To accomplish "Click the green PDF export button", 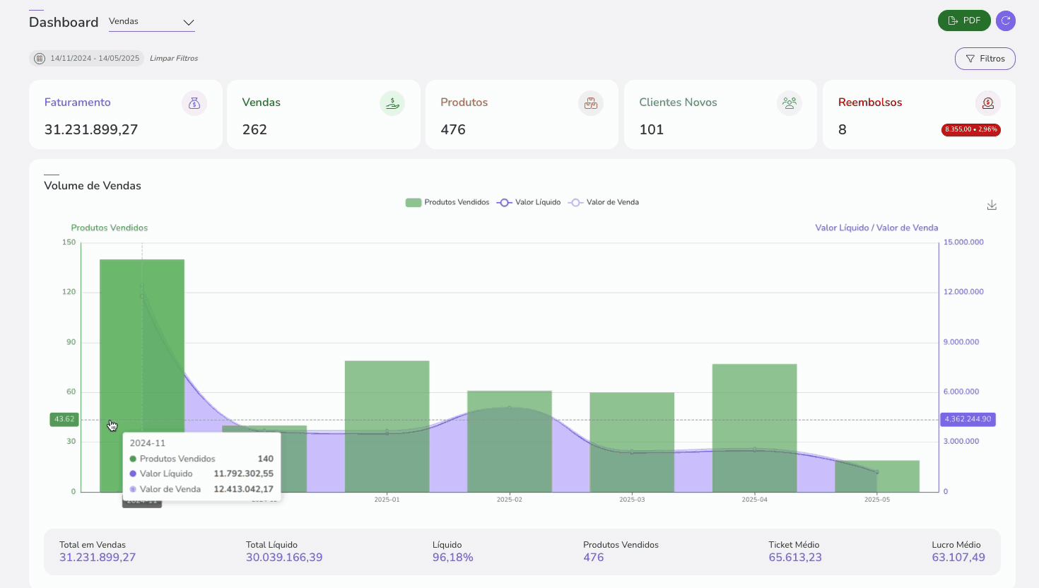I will (x=963, y=20).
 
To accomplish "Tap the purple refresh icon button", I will (x=1005, y=20).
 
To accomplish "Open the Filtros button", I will (x=985, y=59).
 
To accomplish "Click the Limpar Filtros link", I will (x=174, y=59).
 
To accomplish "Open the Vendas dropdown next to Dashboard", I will (x=151, y=22).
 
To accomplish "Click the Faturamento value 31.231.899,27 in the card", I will (x=91, y=129).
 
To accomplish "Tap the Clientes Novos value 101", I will (x=651, y=129).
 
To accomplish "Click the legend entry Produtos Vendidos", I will (x=447, y=203).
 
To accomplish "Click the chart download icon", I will (x=992, y=205).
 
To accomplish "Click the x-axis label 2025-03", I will (x=632, y=500).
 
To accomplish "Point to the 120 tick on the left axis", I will (x=69, y=292).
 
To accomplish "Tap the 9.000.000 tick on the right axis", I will (x=961, y=342).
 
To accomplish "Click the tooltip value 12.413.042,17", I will (x=243, y=489).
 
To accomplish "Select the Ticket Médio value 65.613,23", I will (x=795, y=558).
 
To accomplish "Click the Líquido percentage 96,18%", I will (x=452, y=558).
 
